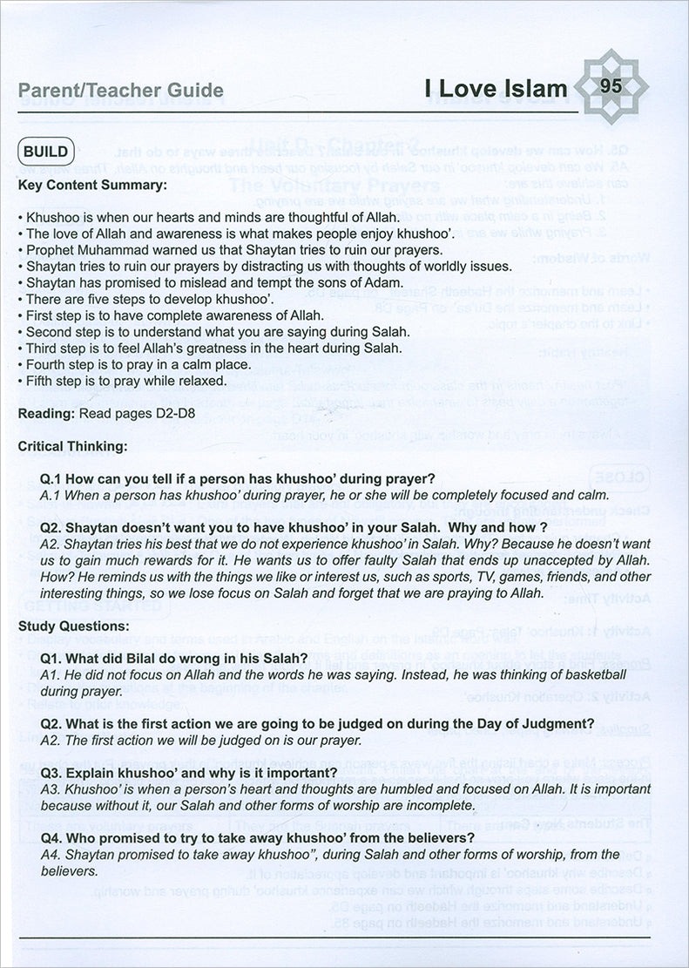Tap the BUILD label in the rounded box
pos(45,151)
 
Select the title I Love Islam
pos(496,89)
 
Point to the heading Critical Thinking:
pos(72,445)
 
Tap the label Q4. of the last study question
pos(55,837)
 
